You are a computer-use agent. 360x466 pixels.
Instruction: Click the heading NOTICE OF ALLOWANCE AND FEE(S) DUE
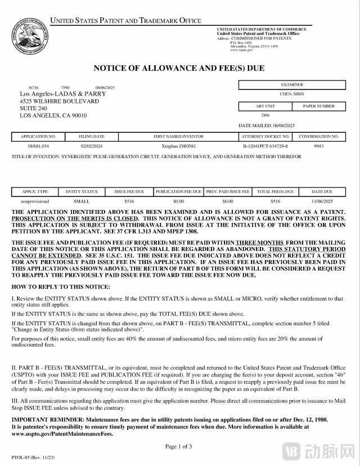(x=179, y=69)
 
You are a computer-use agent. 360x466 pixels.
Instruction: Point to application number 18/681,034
(x=38, y=145)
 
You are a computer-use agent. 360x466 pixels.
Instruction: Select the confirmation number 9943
(x=318, y=145)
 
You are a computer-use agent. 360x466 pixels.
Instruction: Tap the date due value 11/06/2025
(x=322, y=200)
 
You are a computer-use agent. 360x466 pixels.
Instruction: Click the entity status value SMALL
(x=82, y=200)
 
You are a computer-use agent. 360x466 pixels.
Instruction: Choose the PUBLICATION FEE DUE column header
(x=178, y=192)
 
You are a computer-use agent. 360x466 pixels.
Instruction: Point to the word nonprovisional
(x=35, y=200)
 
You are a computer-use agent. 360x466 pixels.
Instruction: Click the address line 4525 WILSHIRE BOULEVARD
(x=59, y=101)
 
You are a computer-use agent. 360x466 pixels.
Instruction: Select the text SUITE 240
(x=33, y=109)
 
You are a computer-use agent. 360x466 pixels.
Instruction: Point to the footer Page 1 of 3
(x=179, y=446)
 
